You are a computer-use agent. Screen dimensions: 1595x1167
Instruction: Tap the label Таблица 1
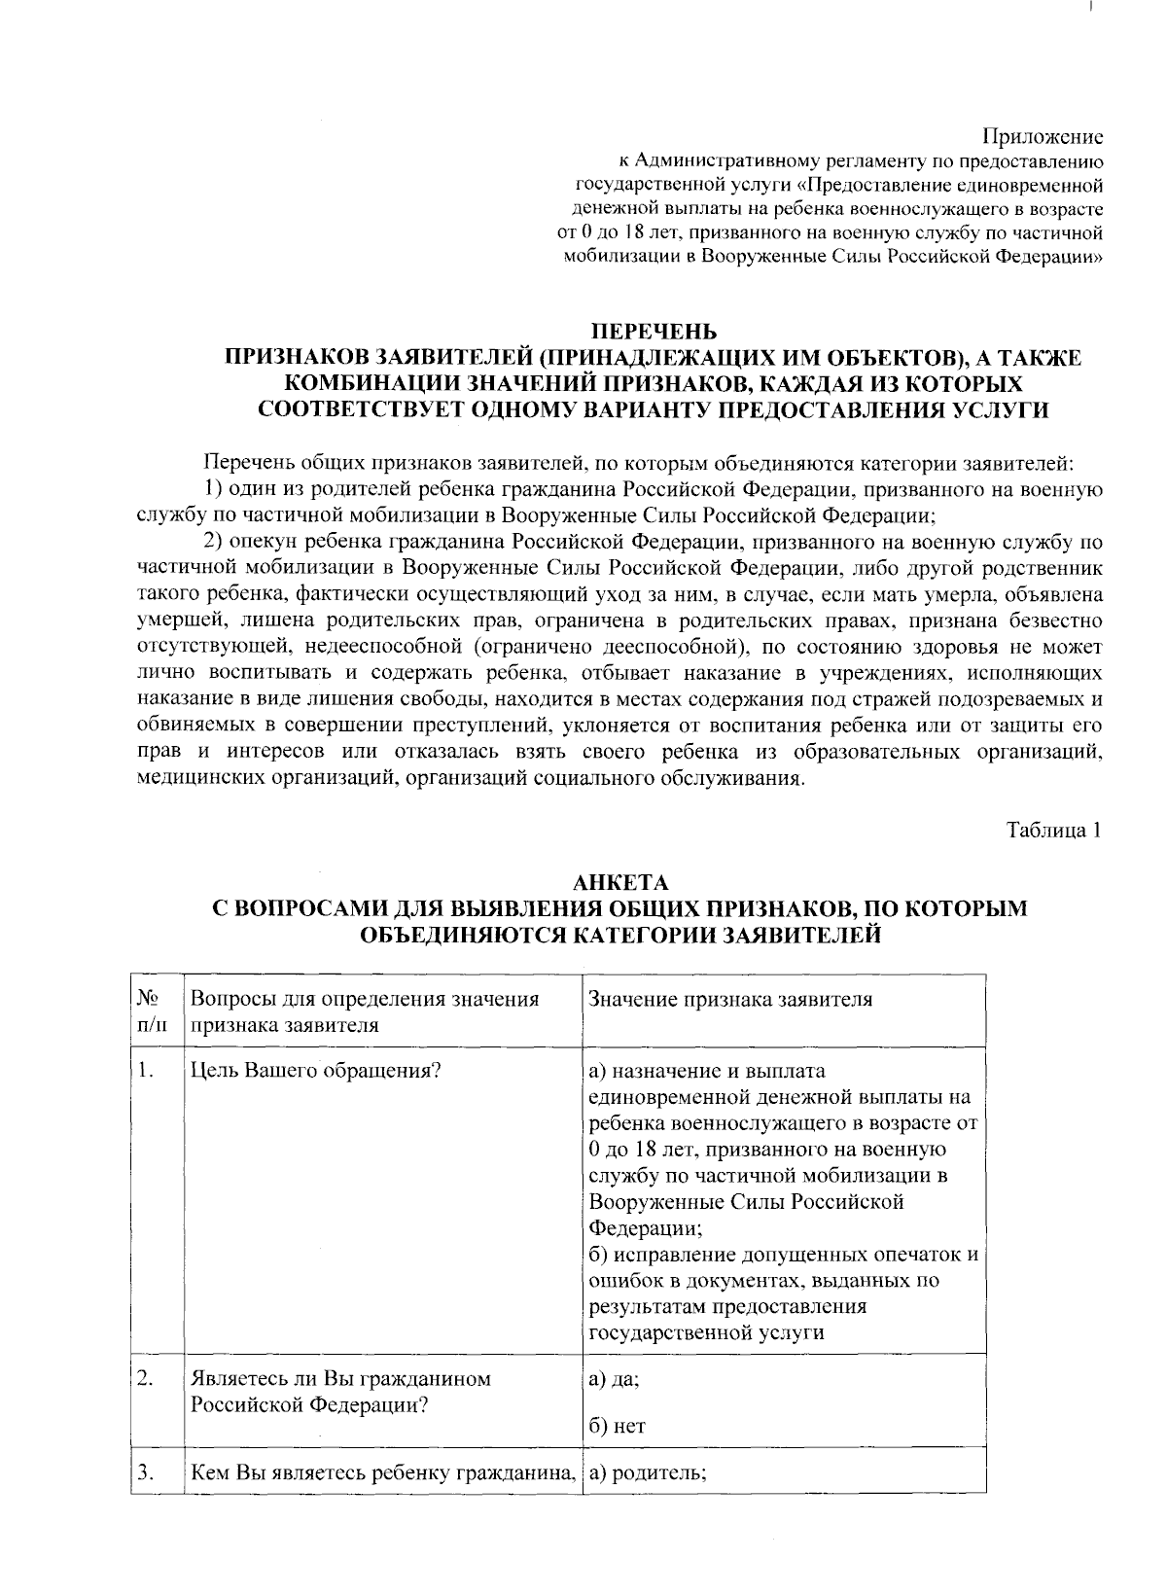(x=1053, y=831)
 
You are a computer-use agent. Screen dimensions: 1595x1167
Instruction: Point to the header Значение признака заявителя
(x=730, y=1000)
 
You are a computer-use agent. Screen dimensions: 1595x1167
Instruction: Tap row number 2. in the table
(x=146, y=1378)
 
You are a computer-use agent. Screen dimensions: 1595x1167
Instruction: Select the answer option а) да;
(x=615, y=1380)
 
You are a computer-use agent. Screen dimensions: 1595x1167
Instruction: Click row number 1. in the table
(x=146, y=1072)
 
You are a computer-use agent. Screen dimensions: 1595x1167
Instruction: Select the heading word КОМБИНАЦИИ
(x=371, y=384)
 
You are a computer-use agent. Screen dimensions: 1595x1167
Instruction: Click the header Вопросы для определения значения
(x=365, y=1000)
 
